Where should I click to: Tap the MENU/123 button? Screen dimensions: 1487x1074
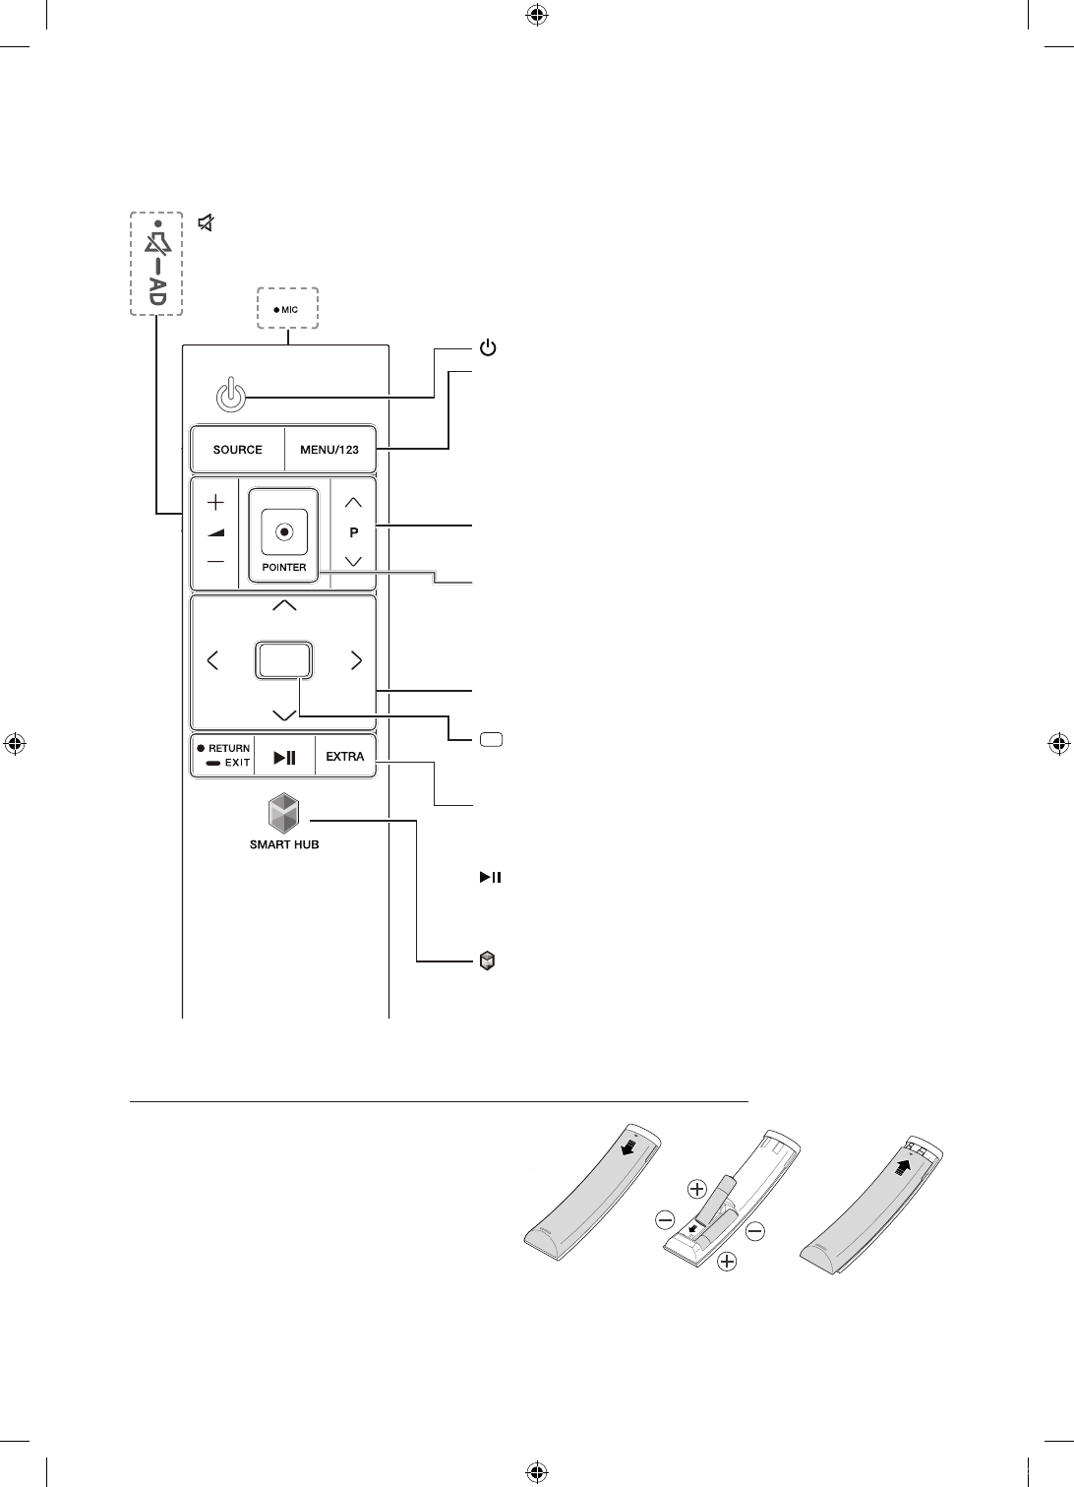(330, 450)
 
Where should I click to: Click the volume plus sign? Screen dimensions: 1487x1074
(215, 502)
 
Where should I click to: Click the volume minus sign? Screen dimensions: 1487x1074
(215, 562)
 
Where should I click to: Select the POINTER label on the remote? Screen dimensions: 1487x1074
(283, 568)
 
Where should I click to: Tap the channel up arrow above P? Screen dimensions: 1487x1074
(354, 502)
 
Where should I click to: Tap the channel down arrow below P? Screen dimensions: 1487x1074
(354, 561)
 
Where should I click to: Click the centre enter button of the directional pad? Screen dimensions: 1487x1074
(284, 659)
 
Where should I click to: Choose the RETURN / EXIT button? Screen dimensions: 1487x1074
(222, 756)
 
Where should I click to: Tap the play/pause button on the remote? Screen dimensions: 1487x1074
(284, 757)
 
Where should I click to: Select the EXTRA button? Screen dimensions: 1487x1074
(345, 757)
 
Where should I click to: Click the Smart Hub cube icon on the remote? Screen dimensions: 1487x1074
(283, 815)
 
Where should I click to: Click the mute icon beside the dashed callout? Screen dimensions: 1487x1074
(206, 223)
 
